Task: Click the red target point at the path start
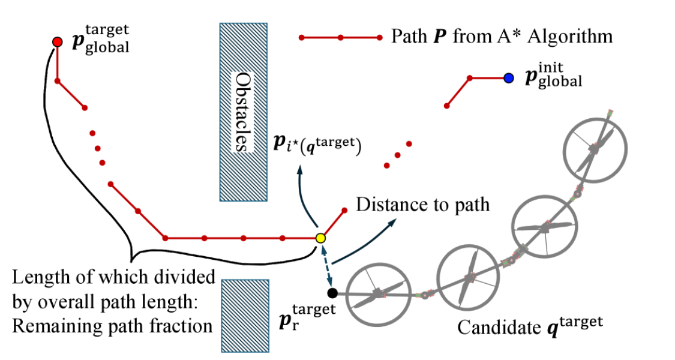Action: click(57, 41)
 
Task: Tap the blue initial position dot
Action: click(509, 78)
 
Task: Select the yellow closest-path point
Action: click(320, 238)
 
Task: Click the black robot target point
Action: click(332, 293)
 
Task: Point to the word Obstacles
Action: click(242, 112)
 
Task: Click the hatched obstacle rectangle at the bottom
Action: click(244, 315)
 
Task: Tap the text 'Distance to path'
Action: click(423, 205)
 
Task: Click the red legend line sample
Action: click(340, 38)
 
